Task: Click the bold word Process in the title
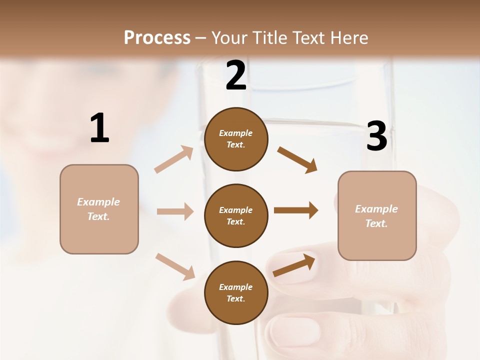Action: tap(157, 38)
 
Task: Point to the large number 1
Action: tap(99, 128)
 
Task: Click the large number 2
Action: tap(236, 75)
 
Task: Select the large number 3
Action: tap(377, 136)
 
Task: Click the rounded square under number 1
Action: tap(99, 209)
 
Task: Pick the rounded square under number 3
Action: tap(377, 215)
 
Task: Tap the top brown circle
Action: tap(236, 139)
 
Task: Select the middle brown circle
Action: tap(236, 215)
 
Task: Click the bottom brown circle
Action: tap(236, 292)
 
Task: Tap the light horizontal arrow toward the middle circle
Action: tap(175, 211)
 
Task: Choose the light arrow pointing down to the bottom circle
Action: tap(175, 266)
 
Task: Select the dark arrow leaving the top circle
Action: tap(297, 159)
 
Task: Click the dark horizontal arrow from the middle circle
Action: tap(296, 210)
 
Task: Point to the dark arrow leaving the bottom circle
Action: tap(294, 265)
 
